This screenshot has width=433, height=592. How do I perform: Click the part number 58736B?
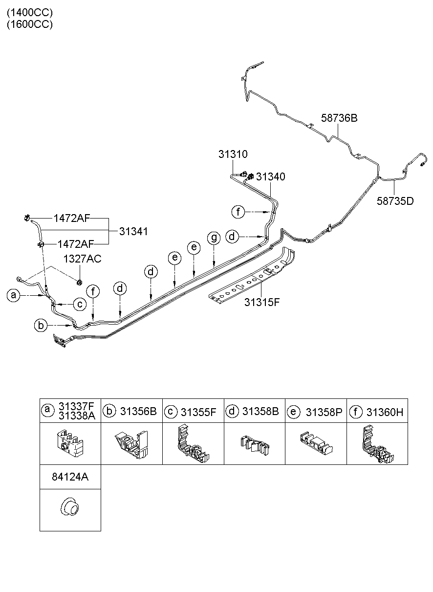pos(339,118)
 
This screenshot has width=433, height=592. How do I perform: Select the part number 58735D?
pos(395,201)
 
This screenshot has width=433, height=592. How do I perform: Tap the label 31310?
pos(233,154)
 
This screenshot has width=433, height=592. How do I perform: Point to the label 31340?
pos(271,176)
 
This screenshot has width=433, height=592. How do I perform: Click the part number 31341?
pos(133,231)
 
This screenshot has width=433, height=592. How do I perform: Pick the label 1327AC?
pos(82,259)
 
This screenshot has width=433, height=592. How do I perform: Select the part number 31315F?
pos(261,302)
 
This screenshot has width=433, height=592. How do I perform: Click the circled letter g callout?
pos(214,238)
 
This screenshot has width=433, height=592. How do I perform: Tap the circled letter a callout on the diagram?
pos(14,295)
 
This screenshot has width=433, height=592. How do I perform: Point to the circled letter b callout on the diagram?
pos(41,325)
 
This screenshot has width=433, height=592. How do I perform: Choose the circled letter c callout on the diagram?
pos(80,304)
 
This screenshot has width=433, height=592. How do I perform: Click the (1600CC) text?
pos(30,24)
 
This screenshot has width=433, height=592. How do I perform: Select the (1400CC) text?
pos(30,13)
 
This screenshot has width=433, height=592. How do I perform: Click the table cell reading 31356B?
pos(131,411)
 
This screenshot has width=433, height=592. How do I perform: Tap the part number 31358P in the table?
pos(324,412)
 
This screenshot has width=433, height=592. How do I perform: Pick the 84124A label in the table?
pos(70,477)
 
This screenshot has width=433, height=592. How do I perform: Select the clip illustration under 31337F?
pos(70,443)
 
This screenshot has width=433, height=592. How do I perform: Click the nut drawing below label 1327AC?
pos(79,282)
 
